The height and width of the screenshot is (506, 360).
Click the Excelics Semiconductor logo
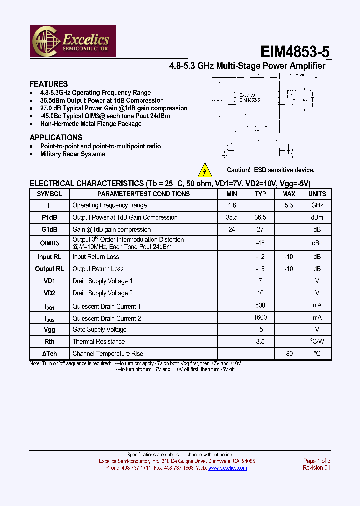[74, 41]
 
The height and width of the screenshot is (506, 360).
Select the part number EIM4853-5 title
[295, 52]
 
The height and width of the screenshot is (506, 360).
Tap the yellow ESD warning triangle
[205, 170]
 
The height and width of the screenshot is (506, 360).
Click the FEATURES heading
[48, 84]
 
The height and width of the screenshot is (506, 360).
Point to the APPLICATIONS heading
[56, 138]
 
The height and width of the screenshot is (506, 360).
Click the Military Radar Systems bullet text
[72, 154]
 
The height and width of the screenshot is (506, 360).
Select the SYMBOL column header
[50, 194]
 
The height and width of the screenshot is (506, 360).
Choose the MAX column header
[289, 194]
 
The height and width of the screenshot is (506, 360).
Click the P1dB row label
[50, 217]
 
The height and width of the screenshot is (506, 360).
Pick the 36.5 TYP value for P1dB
[260, 217]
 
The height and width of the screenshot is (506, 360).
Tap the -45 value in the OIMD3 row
[260, 243]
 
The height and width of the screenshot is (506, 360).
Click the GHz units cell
[317, 205]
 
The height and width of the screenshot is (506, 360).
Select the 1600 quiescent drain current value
[260, 317]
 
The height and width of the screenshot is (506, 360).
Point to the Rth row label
[50, 342]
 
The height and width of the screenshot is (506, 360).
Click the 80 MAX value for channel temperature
[289, 354]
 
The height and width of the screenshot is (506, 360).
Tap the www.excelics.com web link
[227, 468]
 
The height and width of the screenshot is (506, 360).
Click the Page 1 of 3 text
[317, 461]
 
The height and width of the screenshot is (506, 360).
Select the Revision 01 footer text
[316, 468]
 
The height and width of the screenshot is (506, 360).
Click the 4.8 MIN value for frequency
[232, 205]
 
